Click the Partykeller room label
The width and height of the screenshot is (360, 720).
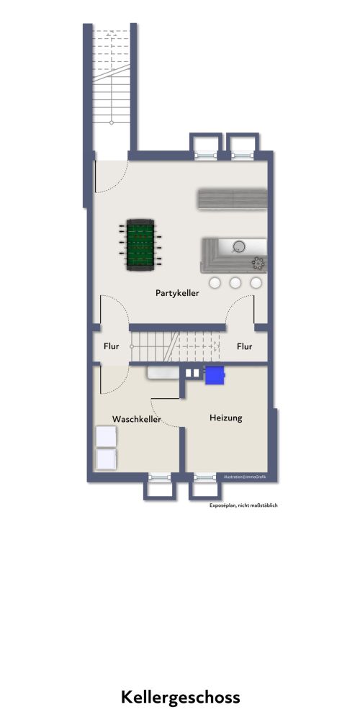click(177, 293)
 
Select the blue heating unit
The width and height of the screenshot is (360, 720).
click(215, 374)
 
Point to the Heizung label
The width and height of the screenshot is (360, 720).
click(225, 418)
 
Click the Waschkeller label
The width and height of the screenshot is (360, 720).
click(136, 418)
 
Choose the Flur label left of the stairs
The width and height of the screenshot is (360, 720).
click(111, 346)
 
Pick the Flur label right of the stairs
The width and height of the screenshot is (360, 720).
click(245, 346)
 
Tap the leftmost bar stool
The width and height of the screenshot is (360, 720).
click(215, 282)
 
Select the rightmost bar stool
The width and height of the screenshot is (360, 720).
click(255, 282)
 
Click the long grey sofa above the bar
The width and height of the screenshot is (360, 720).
click(231, 199)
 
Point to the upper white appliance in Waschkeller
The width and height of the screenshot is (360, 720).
click(106, 436)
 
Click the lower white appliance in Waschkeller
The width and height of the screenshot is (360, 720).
click(106, 459)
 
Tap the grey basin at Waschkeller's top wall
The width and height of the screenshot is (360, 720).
click(163, 372)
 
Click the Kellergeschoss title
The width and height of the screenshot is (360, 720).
click(180, 697)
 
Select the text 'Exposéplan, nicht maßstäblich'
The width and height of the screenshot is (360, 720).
click(243, 505)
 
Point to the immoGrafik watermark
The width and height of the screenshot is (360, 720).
click(245, 477)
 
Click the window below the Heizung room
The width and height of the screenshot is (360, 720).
click(205, 477)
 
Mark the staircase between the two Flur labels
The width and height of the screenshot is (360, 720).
click(177, 346)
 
